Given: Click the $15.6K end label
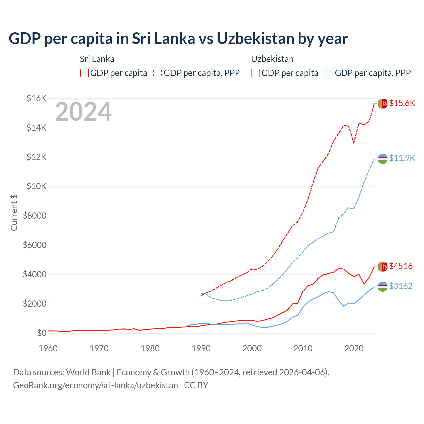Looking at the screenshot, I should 402,103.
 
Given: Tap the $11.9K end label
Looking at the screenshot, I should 402,158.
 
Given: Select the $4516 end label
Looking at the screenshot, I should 401,266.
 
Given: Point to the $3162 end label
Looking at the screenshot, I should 401,286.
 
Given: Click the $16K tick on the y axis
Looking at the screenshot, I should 36,98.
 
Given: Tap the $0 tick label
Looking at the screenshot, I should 41,333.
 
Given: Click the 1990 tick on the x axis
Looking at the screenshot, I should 201,348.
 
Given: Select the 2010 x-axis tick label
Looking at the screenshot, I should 303,348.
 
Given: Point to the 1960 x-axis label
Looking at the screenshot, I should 48,348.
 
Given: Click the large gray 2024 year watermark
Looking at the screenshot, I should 83,112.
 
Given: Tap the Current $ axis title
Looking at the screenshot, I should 14,212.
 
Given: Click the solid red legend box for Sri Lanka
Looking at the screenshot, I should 84,73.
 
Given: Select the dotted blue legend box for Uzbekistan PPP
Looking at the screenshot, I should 329,73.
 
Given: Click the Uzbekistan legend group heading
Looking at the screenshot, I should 272,59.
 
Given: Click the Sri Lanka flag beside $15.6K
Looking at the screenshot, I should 383,104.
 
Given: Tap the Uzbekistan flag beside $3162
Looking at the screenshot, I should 383,287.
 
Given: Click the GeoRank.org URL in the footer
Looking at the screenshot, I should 95,385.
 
